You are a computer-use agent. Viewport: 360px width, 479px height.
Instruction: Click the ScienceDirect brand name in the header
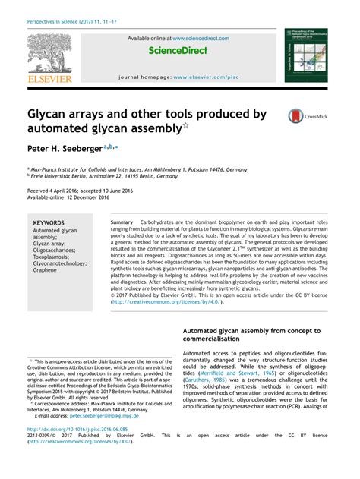pos(178,51)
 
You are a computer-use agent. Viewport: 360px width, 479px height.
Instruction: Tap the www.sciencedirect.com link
pos(201,38)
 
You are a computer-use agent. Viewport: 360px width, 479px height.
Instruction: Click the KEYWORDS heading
pos(49,223)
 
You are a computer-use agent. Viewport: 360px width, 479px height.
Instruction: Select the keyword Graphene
pos(46,269)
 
